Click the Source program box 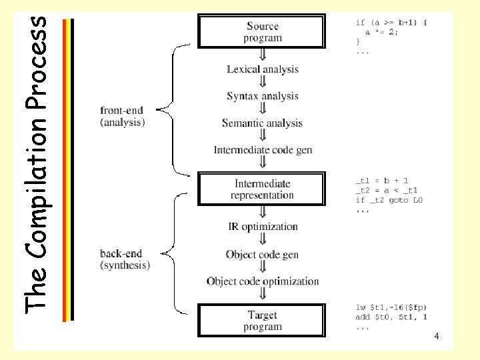click(263, 32)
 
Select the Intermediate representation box click(262, 189)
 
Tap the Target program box click(263, 321)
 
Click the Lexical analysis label click(263, 69)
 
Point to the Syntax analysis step click(263, 96)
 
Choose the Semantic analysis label click(262, 123)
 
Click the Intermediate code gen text click(263, 150)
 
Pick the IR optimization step click(263, 227)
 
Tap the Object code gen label click(263, 254)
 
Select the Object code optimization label click(263, 281)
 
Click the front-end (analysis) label click(123, 116)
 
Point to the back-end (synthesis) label click(125, 259)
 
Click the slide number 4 click(436, 337)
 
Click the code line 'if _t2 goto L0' click(390, 200)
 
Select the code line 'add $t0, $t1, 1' click(391, 317)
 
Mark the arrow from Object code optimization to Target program click(263, 296)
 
